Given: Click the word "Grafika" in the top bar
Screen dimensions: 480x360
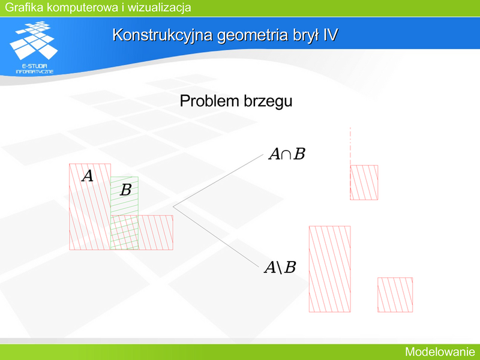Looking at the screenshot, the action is (x=24, y=7).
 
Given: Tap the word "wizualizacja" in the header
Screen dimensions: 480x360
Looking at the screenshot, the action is (x=159, y=7).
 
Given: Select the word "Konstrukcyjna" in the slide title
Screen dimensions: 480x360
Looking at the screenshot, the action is (x=162, y=35).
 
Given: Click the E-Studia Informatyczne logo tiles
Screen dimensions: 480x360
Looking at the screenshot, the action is (x=34, y=40).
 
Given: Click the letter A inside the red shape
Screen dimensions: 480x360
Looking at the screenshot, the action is (x=88, y=176).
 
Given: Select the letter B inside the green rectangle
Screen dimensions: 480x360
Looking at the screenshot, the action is (x=125, y=190).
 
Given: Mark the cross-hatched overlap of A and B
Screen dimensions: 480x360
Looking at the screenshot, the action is (x=124, y=232).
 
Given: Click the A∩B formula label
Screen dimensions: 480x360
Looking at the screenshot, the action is (x=287, y=154).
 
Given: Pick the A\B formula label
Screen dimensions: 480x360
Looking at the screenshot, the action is (x=280, y=267).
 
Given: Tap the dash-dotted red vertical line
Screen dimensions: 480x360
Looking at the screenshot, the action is (x=350, y=146).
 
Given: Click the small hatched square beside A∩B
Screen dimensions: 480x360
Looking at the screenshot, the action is (x=364, y=182).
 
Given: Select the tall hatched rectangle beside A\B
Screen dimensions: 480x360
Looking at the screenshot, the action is (x=329, y=269).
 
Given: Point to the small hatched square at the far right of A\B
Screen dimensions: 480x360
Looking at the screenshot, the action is (x=395, y=295).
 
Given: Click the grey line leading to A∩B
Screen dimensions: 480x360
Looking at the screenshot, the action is (x=218, y=181).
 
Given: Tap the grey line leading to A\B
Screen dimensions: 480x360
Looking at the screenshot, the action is (x=216, y=237).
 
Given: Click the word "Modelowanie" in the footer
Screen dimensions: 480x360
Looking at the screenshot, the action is (x=440, y=352).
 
